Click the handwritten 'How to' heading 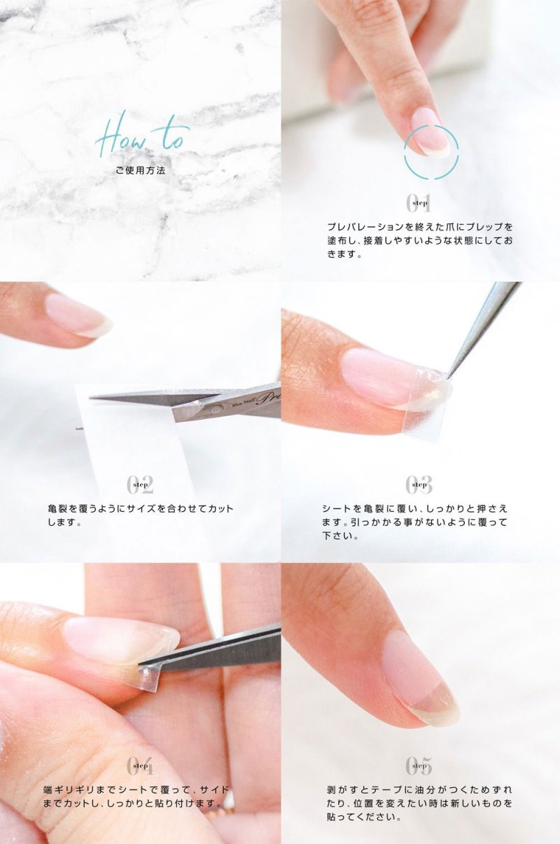142,134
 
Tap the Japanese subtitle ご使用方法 141,170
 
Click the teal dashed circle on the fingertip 431,151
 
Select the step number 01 419,203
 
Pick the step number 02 140,485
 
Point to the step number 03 419,485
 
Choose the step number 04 140,766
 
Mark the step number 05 419,766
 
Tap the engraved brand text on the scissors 253,399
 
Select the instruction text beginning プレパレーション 420,240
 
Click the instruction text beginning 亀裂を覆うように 140,515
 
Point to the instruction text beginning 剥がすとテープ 420,803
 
